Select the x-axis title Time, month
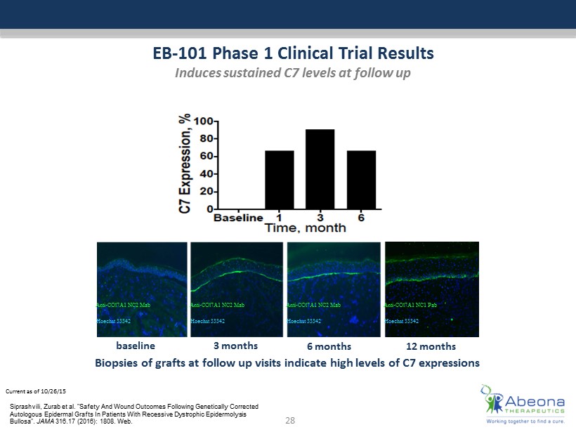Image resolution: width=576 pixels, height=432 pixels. [x=306, y=228]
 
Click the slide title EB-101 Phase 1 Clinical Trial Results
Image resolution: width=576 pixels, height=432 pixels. [x=294, y=53]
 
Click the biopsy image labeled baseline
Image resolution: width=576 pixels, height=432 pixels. [x=140, y=289]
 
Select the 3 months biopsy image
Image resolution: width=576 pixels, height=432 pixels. [x=236, y=289]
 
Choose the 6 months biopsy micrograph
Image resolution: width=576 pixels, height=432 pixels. [x=332, y=289]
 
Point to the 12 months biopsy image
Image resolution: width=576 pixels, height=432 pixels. [x=431, y=289]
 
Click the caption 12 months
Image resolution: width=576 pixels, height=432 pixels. [x=431, y=346]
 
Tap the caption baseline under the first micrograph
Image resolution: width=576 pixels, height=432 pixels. [x=135, y=346]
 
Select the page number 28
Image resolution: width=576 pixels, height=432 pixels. [x=289, y=420]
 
